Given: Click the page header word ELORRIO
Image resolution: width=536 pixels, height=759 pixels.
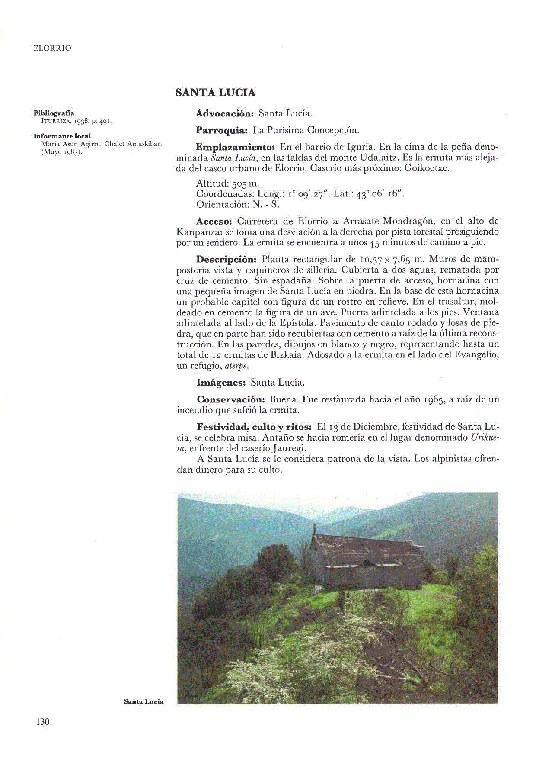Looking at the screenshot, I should point(52,48).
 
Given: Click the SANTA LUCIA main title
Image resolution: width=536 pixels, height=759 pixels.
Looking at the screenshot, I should point(215,93).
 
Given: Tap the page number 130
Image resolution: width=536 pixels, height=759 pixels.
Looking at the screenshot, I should point(43,721).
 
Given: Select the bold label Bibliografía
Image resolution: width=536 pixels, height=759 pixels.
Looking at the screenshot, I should point(54,113).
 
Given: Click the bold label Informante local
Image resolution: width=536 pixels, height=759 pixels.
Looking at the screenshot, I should point(62,136).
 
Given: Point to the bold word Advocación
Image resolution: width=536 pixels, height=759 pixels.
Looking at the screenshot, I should point(224,113).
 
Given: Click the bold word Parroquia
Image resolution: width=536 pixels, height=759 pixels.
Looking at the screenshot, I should point(221,130).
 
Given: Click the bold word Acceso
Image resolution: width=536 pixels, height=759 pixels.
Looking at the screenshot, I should point(214,221).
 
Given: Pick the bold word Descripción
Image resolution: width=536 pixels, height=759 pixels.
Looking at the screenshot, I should point(226,259).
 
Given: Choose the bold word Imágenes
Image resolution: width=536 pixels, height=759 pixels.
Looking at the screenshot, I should point(221,383).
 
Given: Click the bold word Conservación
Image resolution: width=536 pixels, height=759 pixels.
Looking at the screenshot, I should point(230,399).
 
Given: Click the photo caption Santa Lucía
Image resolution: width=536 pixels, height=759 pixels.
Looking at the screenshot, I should point(144,701).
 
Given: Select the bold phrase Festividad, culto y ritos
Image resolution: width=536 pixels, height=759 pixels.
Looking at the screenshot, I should point(254,427).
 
